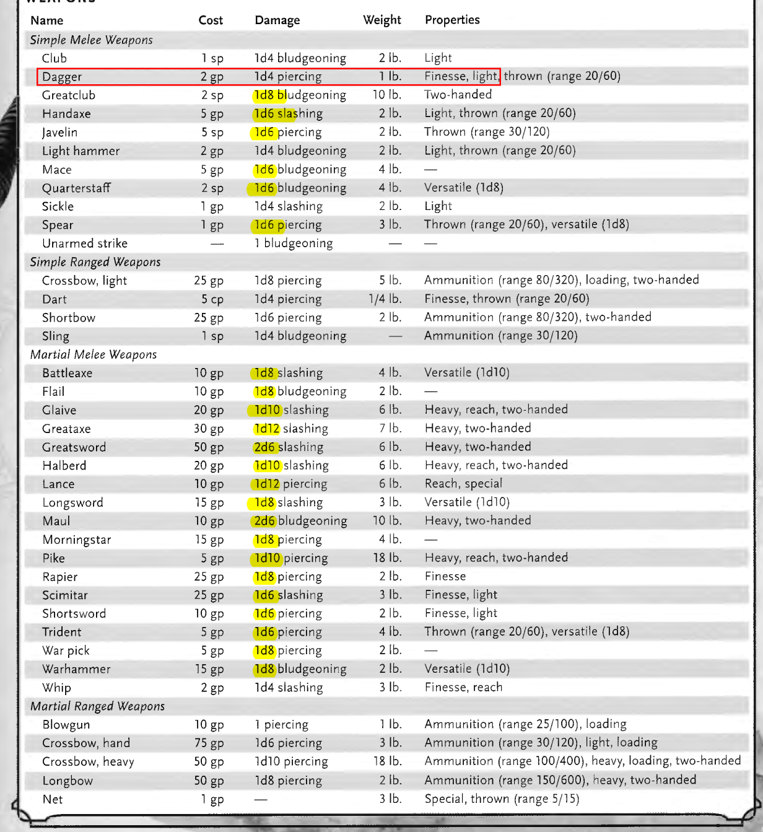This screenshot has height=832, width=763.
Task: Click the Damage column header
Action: (277, 20)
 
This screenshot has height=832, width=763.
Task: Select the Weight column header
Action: (381, 20)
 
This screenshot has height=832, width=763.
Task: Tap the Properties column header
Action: (452, 20)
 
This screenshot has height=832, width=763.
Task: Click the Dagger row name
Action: (62, 77)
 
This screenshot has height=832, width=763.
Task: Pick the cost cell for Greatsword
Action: (209, 447)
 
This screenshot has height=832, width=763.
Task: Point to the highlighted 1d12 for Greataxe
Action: (267, 429)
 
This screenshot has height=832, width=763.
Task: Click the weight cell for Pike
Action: (387, 558)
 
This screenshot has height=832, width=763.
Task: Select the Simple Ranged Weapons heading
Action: (95, 262)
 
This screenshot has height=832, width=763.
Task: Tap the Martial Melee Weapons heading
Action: (94, 355)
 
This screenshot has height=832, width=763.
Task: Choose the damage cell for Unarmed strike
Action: (294, 243)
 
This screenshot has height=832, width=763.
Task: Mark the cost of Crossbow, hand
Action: (209, 743)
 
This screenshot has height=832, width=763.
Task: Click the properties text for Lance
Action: (463, 484)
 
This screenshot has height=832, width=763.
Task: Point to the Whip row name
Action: (57, 688)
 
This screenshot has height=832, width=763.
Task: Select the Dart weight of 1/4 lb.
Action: (385, 299)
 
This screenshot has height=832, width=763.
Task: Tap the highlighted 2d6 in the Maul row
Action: (264, 522)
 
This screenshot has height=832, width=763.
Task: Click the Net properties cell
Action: (502, 799)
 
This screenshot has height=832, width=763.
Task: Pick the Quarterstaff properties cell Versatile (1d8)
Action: (464, 188)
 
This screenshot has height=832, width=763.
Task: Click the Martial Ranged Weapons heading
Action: (98, 707)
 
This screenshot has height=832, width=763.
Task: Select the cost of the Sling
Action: (212, 336)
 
